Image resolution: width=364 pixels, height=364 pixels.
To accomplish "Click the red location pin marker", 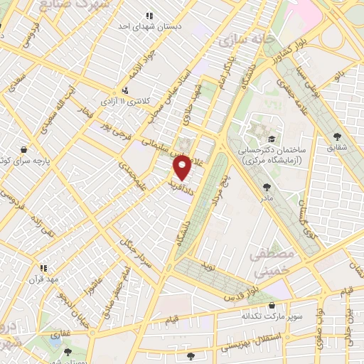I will coord(182,167).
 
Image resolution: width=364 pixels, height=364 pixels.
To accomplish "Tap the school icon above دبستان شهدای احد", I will coord(149,15).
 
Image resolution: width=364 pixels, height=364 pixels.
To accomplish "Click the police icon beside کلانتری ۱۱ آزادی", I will coord(125,90).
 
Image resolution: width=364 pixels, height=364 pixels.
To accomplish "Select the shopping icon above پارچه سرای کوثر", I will coord(24,150).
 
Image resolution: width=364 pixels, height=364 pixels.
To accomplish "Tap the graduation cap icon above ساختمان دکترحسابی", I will coord(271,139).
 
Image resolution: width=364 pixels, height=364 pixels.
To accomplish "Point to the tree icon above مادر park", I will coord(267,188).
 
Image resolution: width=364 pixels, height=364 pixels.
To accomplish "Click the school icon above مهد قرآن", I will coord(43,268).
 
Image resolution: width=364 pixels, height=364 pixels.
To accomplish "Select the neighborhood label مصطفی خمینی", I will coord(268,262).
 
